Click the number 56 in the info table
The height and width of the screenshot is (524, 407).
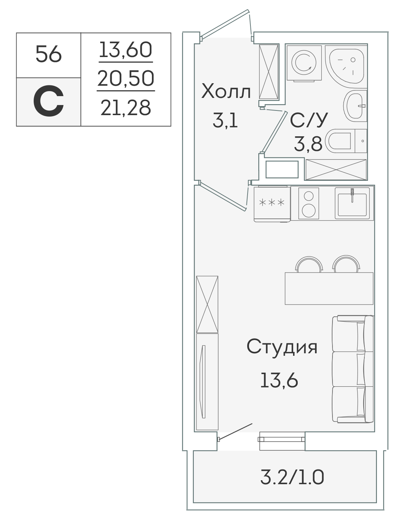(48, 54)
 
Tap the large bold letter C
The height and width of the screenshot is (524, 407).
(48, 101)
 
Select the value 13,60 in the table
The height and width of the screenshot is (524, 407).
(125, 50)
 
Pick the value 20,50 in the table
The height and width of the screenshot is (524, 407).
(125, 78)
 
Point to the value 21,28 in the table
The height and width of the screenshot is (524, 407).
(125, 108)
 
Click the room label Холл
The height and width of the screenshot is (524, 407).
(226, 91)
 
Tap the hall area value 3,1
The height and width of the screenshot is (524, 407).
(225, 121)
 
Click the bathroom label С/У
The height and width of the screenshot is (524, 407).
(309, 120)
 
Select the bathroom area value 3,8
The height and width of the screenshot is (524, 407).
(308, 144)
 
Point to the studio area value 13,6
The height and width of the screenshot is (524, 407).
(279, 380)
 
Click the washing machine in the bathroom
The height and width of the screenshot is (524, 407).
(304, 63)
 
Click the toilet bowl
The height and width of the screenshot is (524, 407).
(346, 141)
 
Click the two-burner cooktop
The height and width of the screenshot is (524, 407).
(308, 203)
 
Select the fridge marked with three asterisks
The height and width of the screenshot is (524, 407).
(272, 204)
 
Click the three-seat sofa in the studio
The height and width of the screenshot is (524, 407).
(353, 369)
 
